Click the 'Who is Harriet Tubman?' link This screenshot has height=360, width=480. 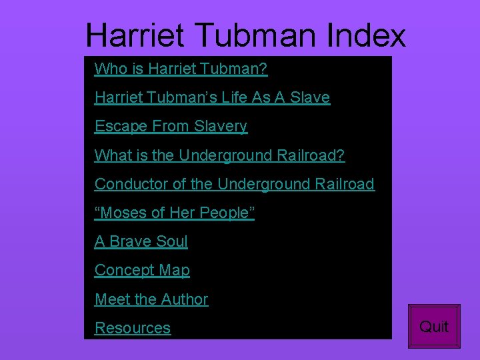click(x=181, y=69)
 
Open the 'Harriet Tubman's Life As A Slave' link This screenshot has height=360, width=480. click(x=212, y=97)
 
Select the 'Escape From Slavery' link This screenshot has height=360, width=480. click(x=171, y=126)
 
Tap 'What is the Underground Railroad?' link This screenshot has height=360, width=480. click(x=219, y=155)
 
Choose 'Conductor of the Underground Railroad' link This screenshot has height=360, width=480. click(x=234, y=184)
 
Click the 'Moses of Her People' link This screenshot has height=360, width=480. click(x=175, y=213)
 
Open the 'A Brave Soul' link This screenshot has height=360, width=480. click(x=141, y=241)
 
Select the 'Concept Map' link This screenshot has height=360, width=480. click(x=142, y=270)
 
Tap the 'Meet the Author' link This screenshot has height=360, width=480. click(x=151, y=299)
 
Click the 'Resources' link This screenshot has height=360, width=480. click(x=133, y=328)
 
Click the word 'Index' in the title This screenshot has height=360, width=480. click(x=366, y=35)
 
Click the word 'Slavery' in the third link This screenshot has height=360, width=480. click(x=221, y=126)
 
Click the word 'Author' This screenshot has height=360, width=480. click(x=185, y=299)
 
